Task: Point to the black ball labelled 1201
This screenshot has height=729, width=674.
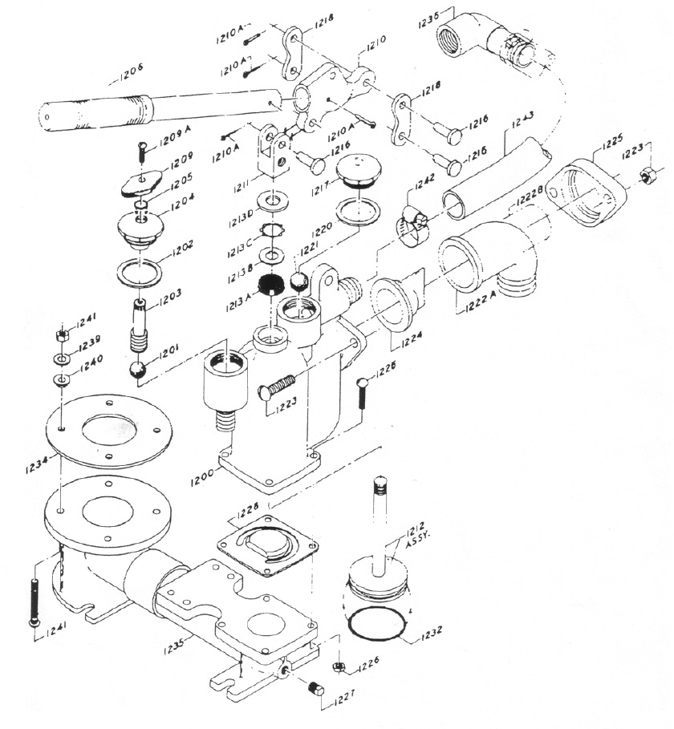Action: tap(139, 370)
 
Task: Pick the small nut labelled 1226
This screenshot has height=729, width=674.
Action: tap(339, 668)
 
